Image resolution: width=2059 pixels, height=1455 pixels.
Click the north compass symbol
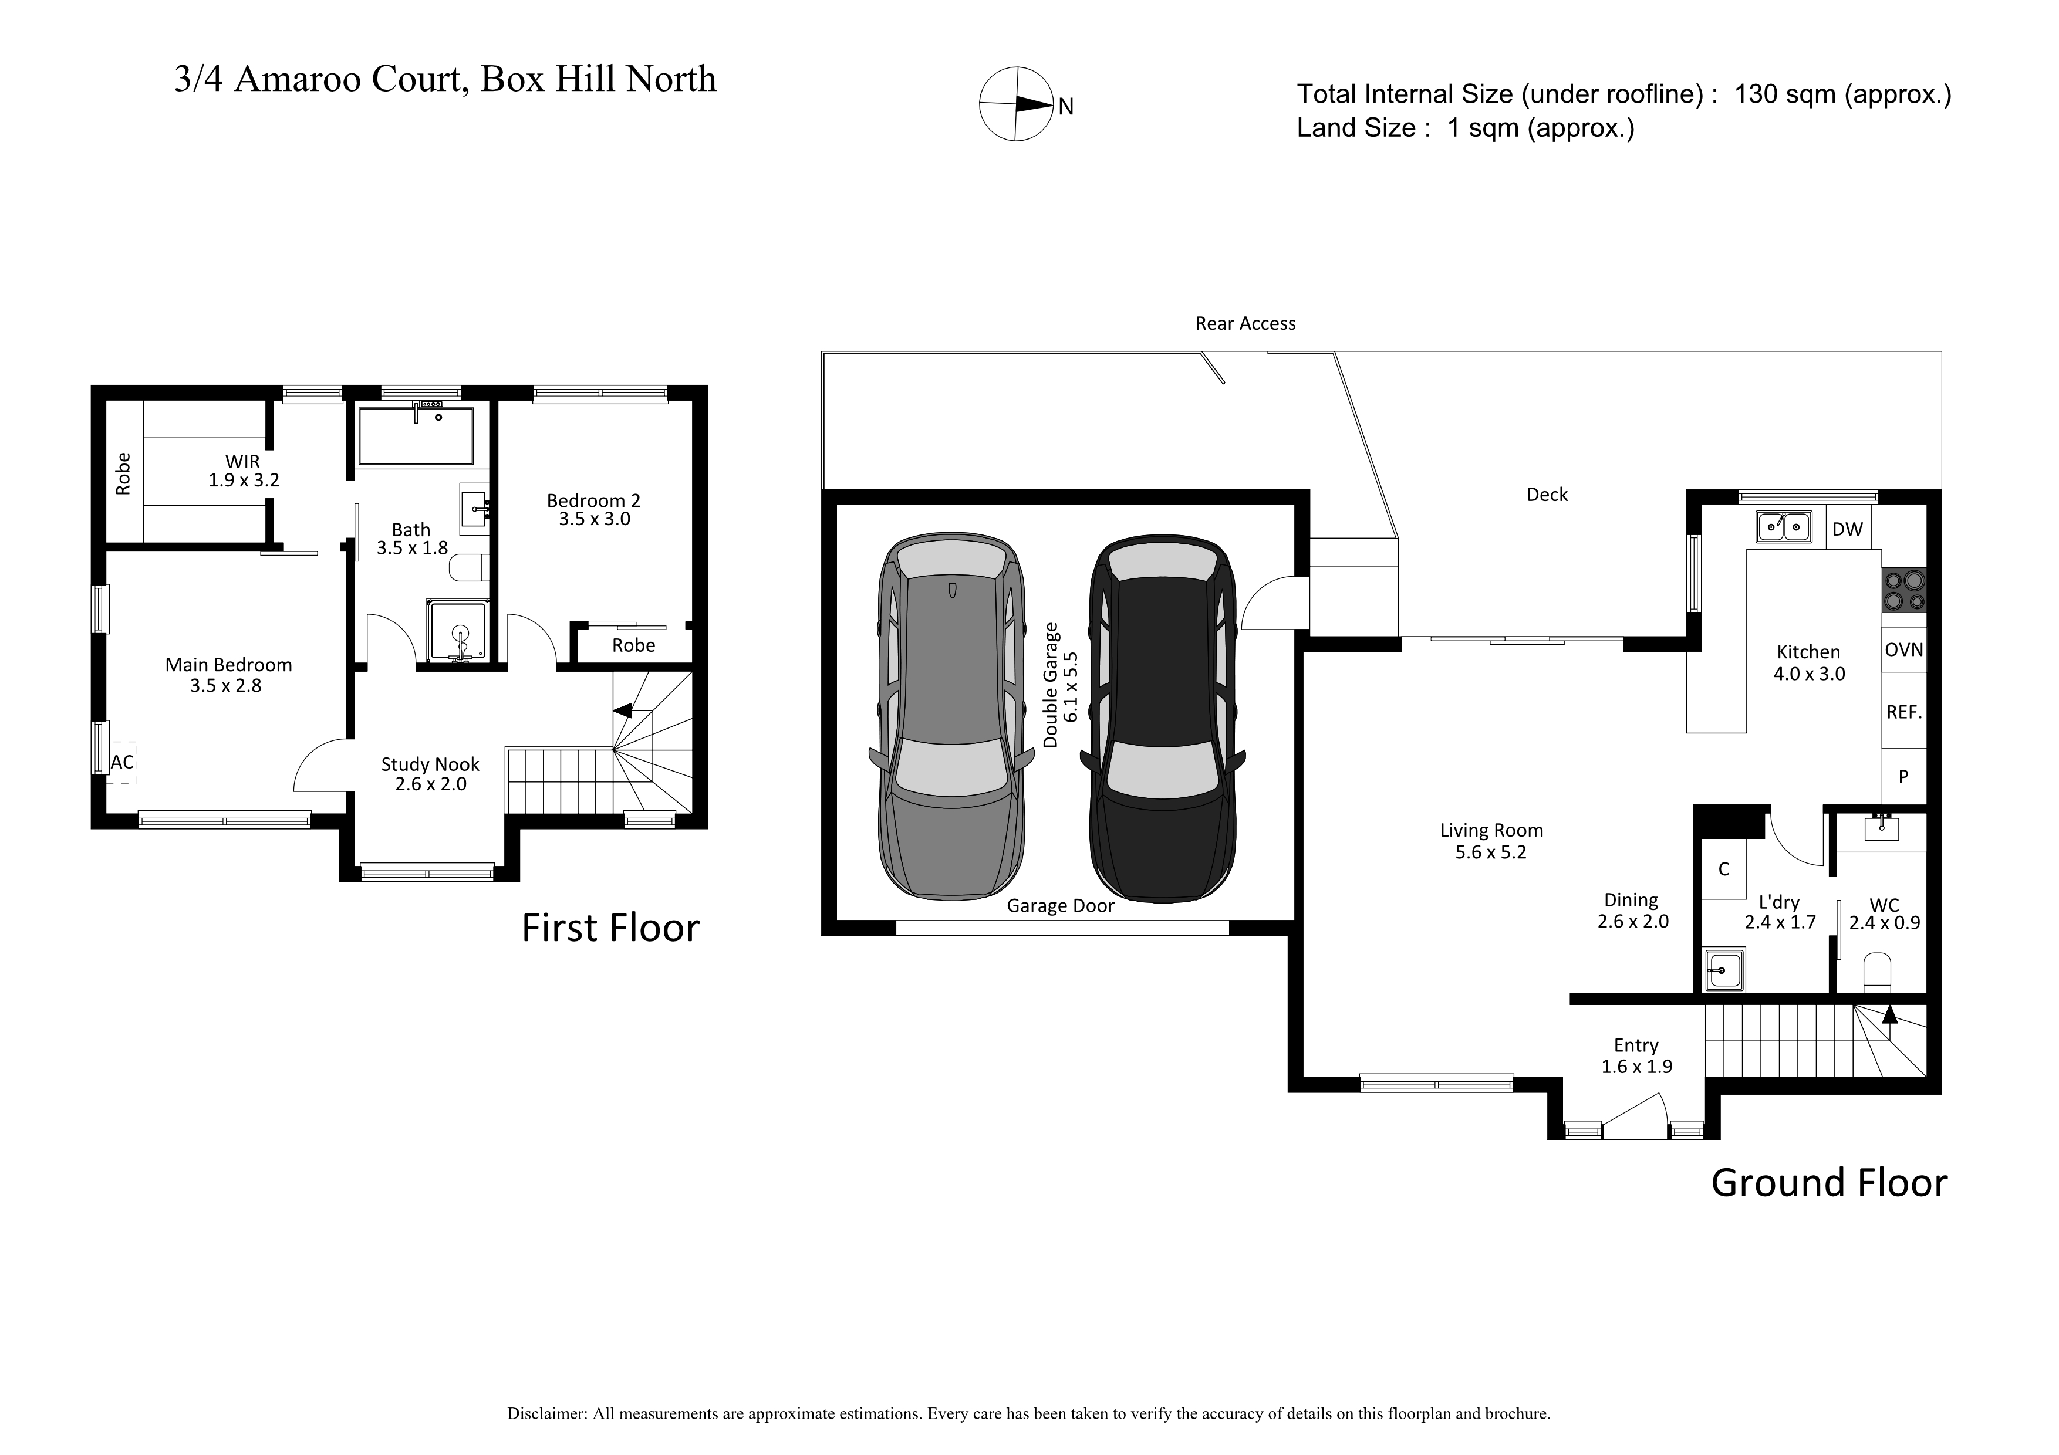[x=1017, y=104]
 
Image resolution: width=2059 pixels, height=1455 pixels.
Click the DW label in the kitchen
[x=1847, y=529]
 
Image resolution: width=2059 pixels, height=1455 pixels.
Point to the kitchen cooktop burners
[x=1904, y=591]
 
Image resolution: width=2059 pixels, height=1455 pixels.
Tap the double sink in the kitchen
[x=1784, y=526]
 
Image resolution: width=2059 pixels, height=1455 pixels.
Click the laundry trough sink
[x=1723, y=970]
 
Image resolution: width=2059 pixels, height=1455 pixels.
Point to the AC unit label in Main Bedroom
[x=123, y=763]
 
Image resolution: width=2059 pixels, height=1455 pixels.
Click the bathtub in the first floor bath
[x=415, y=436]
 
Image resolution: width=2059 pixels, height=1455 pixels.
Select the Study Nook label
[x=430, y=764]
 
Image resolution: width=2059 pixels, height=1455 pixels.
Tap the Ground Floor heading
[x=1830, y=1182]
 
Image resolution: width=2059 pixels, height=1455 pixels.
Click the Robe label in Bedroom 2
[x=633, y=645]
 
